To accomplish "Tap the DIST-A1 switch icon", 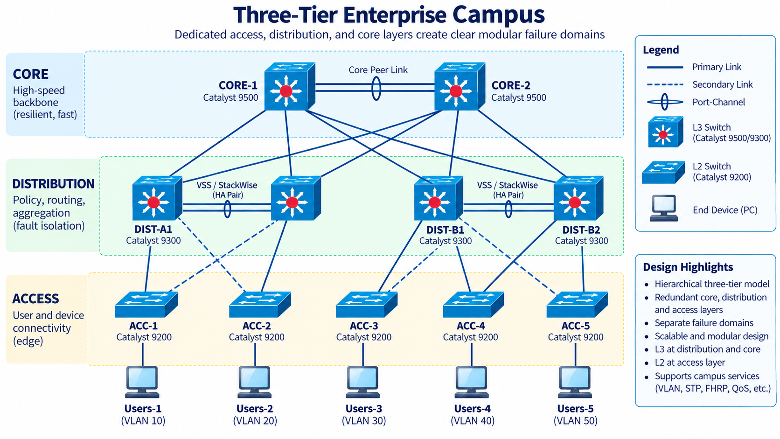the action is (157, 198).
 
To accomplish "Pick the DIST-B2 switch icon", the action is (578, 198).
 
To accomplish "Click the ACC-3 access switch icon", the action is (367, 305).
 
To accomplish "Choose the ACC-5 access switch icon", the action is (578, 305).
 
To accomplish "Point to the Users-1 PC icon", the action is (142, 382).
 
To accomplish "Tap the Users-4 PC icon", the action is (472, 382).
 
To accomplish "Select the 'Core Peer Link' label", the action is (378, 70).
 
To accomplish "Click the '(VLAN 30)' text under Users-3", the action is (364, 420).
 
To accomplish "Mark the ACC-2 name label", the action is (257, 326).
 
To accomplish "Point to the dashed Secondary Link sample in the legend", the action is (665, 84).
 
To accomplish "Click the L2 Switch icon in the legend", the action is (663, 172).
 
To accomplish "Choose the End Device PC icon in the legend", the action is (664, 208).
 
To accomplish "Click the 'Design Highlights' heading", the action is (688, 267).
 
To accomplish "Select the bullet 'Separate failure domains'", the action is (704, 323).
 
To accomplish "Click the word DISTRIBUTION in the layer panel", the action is (53, 184).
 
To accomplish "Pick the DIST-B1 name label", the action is (445, 230).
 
